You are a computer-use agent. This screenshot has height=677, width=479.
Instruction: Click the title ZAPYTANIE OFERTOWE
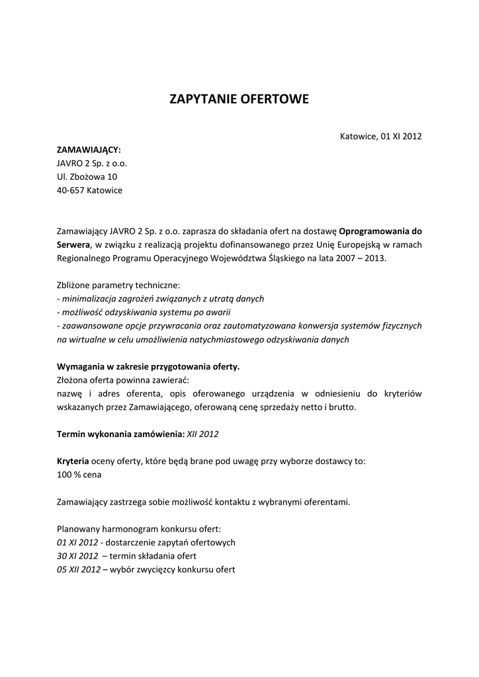coord(239,100)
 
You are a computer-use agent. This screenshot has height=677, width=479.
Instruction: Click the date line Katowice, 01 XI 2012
coord(380,136)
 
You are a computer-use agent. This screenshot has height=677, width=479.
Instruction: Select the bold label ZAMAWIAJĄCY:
coord(89,150)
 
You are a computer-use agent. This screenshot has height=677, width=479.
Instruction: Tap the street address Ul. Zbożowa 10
coord(87,177)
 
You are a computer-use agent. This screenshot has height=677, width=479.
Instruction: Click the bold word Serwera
coord(73,245)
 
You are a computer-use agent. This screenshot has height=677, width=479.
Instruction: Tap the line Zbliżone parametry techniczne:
coord(118,285)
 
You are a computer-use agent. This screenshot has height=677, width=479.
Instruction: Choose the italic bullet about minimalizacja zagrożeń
coord(161,299)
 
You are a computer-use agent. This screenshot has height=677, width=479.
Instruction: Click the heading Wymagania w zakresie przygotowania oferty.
coord(148,366)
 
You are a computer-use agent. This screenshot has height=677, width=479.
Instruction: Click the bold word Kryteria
coord(73,461)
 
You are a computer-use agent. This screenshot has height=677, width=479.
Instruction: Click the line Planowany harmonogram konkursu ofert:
coord(139,529)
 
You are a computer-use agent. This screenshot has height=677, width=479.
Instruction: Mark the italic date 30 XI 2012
coord(77,556)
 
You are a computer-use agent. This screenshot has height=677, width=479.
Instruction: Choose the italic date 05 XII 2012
coord(79,569)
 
